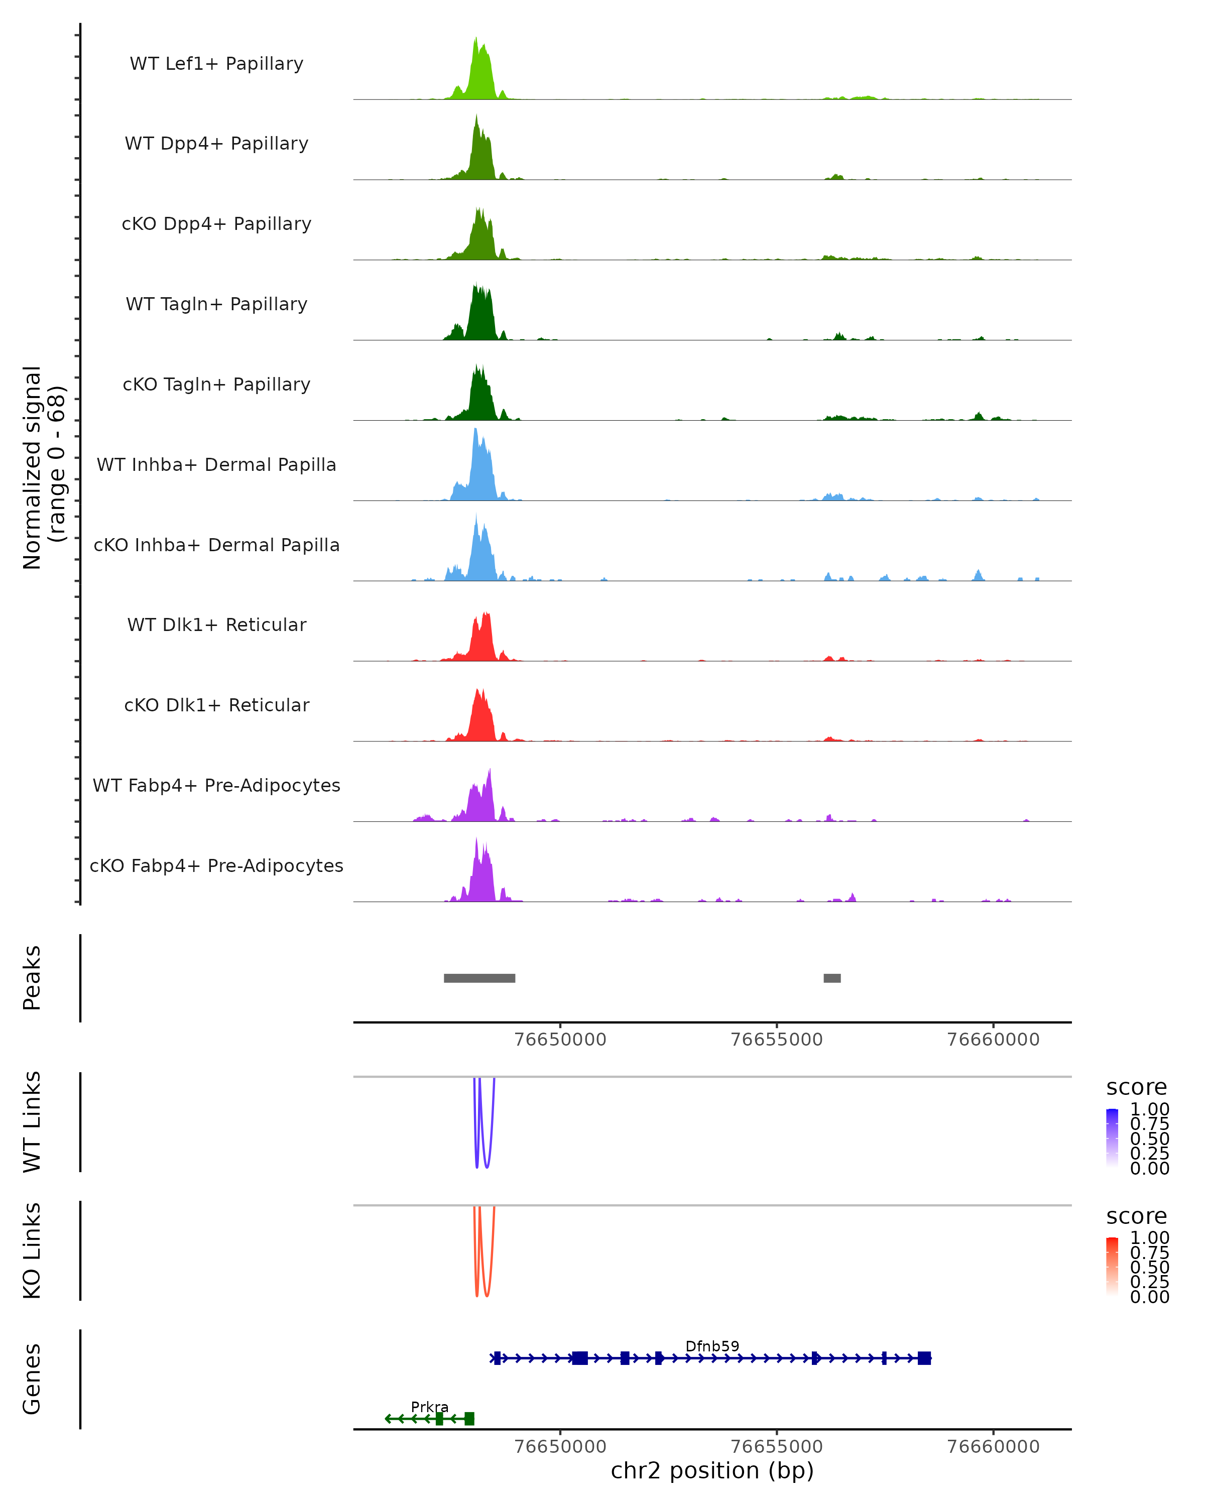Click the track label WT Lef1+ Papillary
216,64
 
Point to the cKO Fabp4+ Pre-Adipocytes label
216,865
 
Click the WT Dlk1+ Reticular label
216,624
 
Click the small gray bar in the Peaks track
832,978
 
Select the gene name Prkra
430,1407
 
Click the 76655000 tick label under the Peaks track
776,1040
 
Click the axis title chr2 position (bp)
712,1470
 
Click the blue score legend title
1136,1088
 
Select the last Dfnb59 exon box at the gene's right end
924,1358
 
